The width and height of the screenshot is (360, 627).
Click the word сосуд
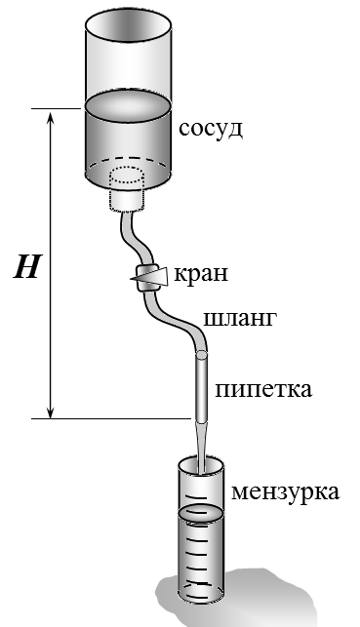(x=211, y=130)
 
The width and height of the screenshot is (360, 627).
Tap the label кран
(x=201, y=273)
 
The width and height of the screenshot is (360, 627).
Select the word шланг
(x=240, y=319)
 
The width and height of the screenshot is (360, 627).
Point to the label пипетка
(x=263, y=389)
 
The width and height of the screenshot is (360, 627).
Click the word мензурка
(x=286, y=491)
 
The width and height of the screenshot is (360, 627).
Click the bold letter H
(x=27, y=267)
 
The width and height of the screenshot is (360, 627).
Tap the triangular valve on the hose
(x=149, y=276)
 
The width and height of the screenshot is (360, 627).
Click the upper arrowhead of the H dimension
(x=51, y=118)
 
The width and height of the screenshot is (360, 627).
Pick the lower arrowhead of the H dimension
(x=51, y=411)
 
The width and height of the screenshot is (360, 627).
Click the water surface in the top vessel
(x=129, y=104)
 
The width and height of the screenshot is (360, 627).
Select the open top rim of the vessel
(x=129, y=23)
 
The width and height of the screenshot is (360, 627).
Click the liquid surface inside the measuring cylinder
(x=200, y=512)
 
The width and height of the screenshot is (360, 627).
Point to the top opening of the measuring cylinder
(x=200, y=465)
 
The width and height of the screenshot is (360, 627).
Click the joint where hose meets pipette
(x=201, y=354)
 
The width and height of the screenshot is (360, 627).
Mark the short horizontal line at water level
(x=56, y=108)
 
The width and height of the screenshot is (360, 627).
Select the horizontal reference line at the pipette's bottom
(x=111, y=418)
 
